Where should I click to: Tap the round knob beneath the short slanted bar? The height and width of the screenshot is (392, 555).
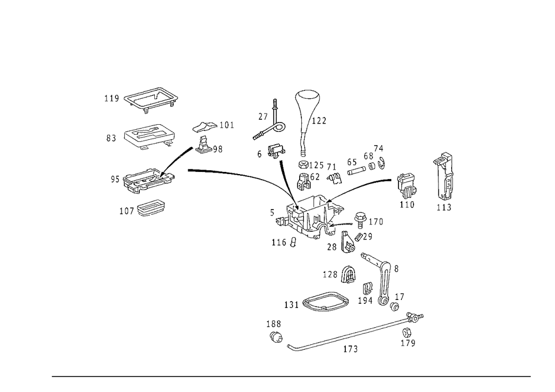point(276,150)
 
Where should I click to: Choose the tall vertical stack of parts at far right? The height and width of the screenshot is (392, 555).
point(444,182)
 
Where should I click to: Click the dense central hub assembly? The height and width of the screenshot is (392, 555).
point(311,219)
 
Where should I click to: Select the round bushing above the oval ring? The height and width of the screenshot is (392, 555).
point(347,273)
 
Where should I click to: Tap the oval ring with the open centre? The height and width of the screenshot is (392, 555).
point(326,301)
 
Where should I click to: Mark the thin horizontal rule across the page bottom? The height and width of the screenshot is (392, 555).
point(291,375)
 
